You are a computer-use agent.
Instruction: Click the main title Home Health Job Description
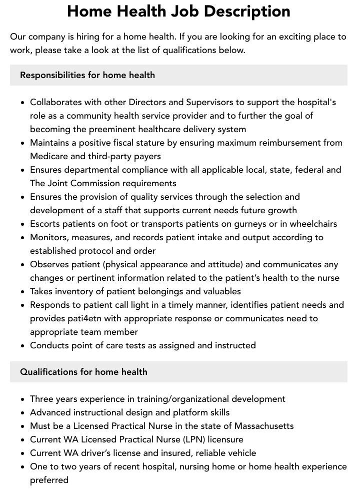(178, 11)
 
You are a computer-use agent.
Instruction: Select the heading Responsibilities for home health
(87, 75)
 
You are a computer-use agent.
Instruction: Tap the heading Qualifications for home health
(83, 372)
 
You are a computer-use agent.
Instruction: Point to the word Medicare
(49, 156)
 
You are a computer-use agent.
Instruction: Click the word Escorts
(46, 224)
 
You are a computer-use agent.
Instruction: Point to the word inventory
(74, 291)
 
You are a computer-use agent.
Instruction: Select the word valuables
(220, 291)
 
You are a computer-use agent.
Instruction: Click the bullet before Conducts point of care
(23, 345)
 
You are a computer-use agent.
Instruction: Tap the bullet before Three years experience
(23, 399)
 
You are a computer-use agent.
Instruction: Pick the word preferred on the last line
(49, 480)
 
